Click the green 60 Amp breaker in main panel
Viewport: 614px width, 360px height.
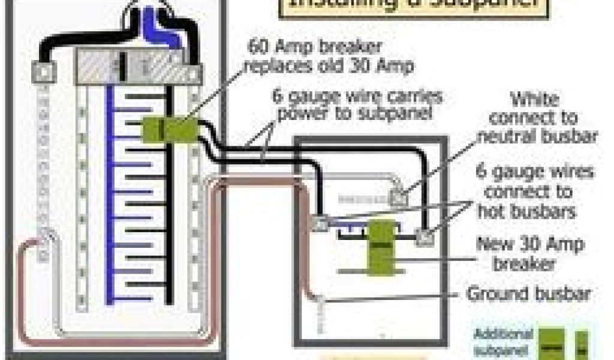171,128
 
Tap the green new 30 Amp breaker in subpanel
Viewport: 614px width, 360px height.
379,244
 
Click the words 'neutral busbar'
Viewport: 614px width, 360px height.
536,136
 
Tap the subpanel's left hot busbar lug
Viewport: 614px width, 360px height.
321,223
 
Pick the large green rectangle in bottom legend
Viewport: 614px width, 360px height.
549,343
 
